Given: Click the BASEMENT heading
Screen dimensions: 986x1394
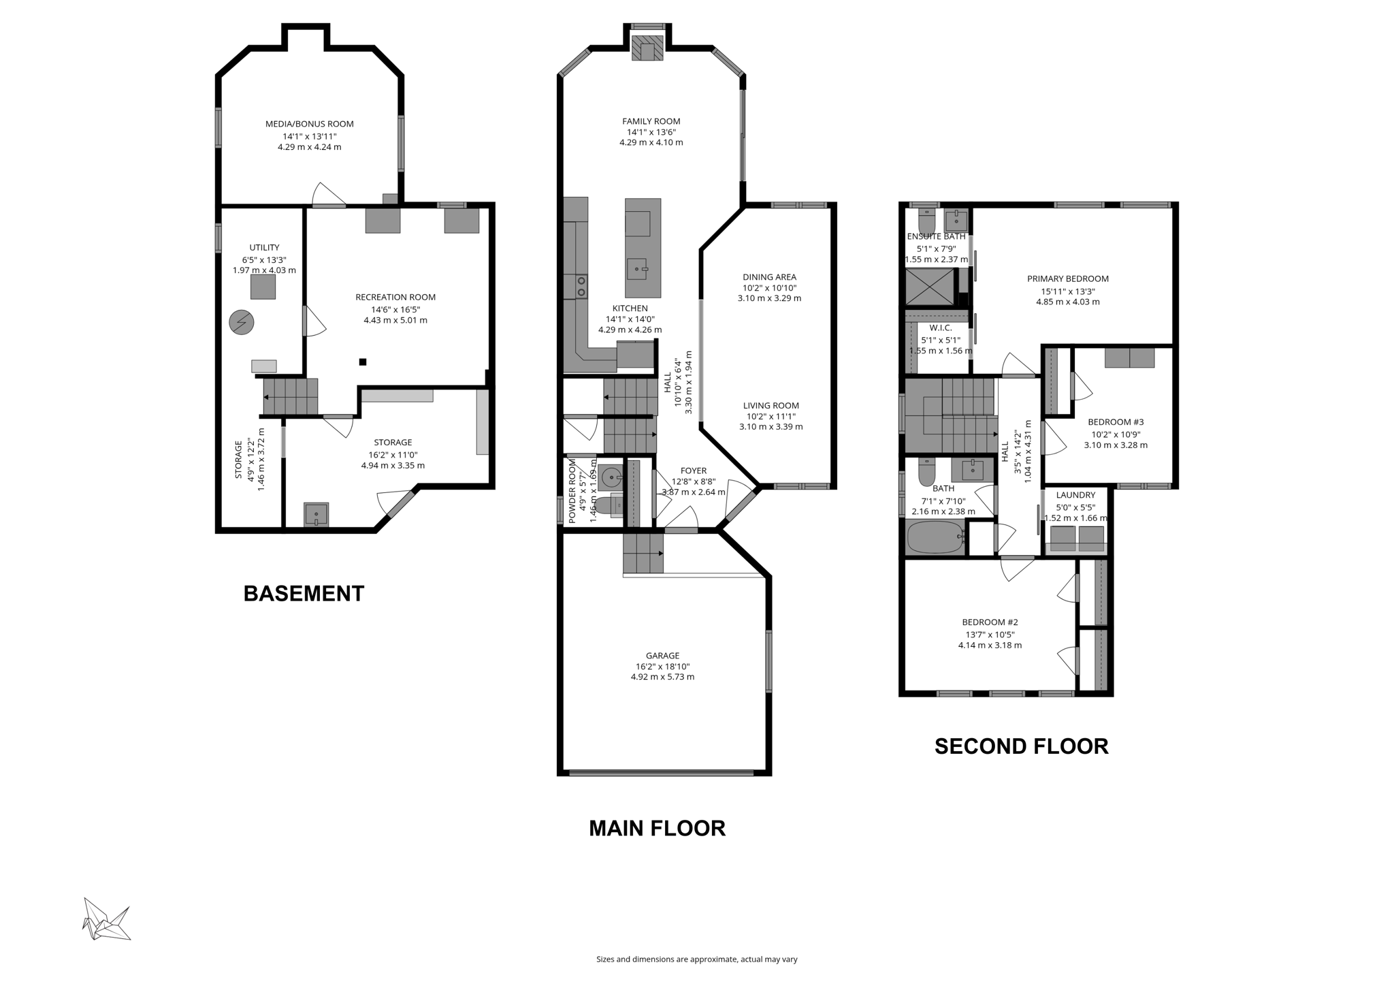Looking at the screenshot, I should [x=304, y=593].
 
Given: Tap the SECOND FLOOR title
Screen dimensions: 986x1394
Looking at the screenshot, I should [x=1021, y=746].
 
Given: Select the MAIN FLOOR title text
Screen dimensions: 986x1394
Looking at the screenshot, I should [x=657, y=828].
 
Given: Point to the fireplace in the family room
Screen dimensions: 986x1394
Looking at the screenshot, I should [x=647, y=48].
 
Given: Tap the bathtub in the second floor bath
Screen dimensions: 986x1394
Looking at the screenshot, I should [x=935, y=537].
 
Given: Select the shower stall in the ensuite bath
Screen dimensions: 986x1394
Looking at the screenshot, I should [x=929, y=287].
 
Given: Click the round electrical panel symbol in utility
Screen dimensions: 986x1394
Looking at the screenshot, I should [x=241, y=322].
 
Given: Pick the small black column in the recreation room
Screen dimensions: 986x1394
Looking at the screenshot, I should [x=363, y=362].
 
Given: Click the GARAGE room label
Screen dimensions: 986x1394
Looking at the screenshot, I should [x=662, y=656].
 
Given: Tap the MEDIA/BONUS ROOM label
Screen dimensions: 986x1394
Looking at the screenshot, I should [x=310, y=124].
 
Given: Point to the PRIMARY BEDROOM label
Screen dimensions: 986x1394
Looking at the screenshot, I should [x=1067, y=279].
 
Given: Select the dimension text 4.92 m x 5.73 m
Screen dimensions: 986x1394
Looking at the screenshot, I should [x=662, y=677].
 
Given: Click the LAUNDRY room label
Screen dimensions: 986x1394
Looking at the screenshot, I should [x=1075, y=495].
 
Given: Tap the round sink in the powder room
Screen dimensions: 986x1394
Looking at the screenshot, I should [x=611, y=475].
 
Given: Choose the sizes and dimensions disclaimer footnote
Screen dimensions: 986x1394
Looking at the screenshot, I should [x=696, y=959].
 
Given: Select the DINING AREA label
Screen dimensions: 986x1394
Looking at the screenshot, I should [x=769, y=277].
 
